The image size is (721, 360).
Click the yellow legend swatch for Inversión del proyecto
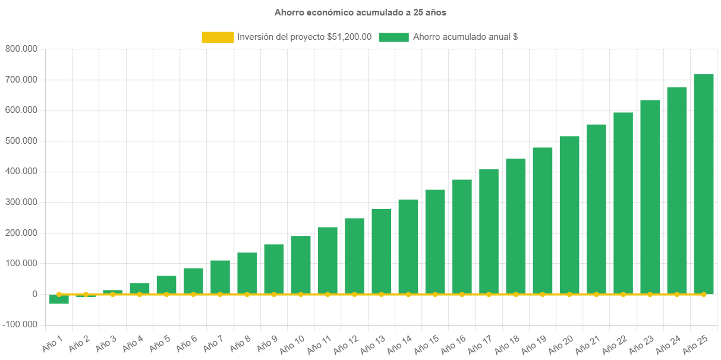(x=218, y=37)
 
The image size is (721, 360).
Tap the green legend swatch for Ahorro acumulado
(x=393, y=37)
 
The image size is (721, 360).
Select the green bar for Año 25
(x=703, y=184)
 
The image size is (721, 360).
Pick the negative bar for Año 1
(x=59, y=299)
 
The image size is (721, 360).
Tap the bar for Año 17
(x=489, y=232)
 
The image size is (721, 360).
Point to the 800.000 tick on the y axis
(x=21, y=49)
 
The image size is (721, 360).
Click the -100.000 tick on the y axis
(x=20, y=325)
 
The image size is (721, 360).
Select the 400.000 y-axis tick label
(x=21, y=171)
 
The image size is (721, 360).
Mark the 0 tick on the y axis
(x=35, y=294)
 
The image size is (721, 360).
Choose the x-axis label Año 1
(x=53, y=342)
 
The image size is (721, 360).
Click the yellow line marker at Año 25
(x=703, y=294)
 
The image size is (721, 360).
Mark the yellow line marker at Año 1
(x=59, y=294)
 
